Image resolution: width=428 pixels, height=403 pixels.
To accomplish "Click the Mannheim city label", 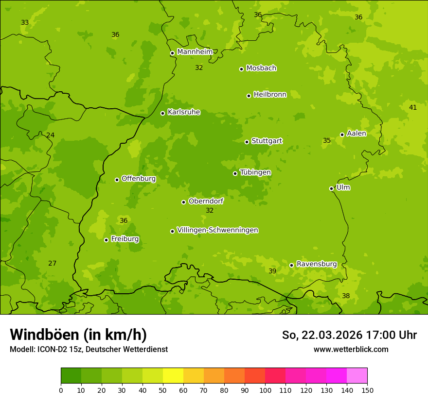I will (195, 52).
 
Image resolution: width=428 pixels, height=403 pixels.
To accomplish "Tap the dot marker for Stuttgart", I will (247, 142).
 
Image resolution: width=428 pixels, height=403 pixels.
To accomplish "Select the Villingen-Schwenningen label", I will (217, 230).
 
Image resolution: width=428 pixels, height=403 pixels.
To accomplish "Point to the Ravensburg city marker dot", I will (292, 265).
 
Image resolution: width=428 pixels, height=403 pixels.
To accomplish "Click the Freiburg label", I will (125, 239).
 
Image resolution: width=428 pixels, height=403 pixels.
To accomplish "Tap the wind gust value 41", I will (413, 107).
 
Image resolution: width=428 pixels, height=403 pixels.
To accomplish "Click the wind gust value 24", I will (51, 135).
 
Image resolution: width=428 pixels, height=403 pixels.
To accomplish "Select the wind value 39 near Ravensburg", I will (272, 271).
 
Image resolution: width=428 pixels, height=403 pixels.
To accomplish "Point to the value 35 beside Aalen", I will (327, 140).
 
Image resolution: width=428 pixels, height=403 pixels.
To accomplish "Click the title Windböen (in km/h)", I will (78, 335).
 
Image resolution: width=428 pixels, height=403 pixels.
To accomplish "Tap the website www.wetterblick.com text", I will (351, 349).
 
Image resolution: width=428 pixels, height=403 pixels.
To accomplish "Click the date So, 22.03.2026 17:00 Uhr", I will (349, 335).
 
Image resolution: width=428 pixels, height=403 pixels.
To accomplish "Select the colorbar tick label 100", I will (265, 390).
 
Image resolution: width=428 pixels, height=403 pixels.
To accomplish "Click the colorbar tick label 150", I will (367, 390).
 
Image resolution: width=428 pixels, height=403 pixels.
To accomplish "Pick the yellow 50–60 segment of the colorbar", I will (173, 376).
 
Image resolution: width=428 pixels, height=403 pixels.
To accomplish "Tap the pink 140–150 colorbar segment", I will (357, 376).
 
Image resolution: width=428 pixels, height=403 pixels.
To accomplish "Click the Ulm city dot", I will (332, 188).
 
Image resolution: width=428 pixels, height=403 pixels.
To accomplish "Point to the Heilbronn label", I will (270, 95).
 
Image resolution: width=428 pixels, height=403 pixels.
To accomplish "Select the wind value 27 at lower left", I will (52, 263).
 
